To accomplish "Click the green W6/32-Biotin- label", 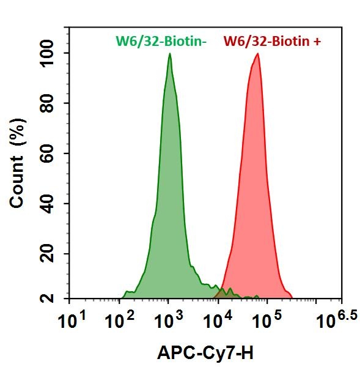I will coord(162,42).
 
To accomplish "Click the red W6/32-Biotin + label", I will coord(273,42).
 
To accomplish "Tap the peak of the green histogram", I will coord(169,54).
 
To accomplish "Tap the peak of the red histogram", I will coord(258,54).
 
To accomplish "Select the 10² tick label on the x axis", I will coord(119,317).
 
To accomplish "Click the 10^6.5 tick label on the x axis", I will coord(330,317).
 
